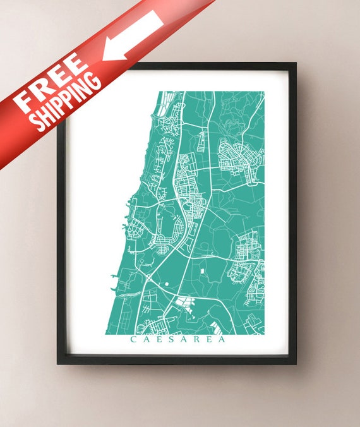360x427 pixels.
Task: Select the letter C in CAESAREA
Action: (x=133, y=339)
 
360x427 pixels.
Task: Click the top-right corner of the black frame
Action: (x=296, y=63)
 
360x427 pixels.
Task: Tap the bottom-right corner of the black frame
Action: (x=296, y=364)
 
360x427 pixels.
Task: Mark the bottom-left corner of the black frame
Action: (x=57, y=364)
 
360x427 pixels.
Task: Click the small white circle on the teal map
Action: (x=167, y=284)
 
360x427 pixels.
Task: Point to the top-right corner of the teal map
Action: (x=264, y=92)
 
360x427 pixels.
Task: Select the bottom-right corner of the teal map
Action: (x=264, y=334)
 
